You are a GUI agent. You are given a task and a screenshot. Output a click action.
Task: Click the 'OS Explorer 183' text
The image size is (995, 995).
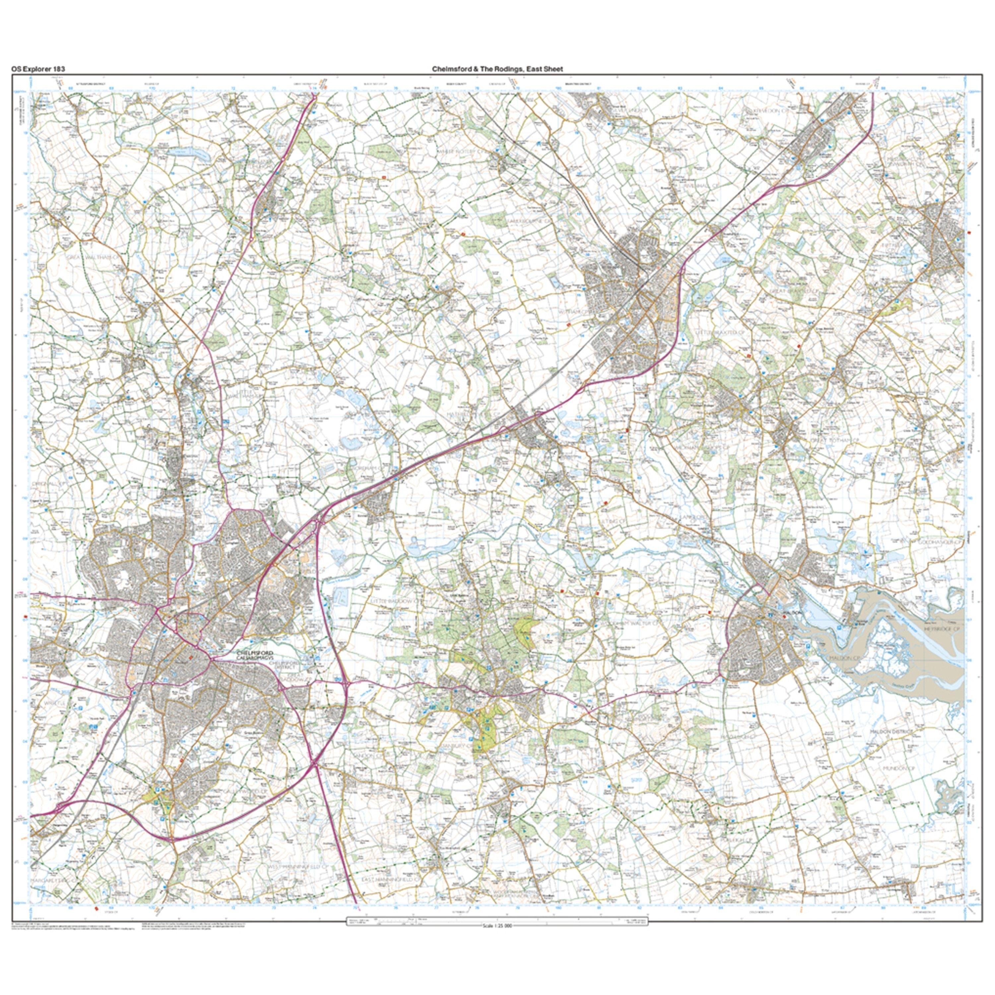click(38, 69)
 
